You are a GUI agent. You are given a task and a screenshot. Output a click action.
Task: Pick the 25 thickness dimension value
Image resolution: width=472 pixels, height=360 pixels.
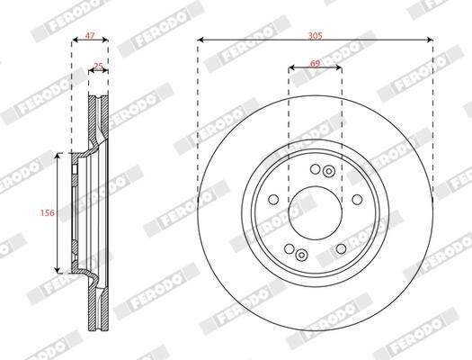[x=99, y=65]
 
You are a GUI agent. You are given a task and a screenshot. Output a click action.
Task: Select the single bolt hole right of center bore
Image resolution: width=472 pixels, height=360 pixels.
[x=356, y=200]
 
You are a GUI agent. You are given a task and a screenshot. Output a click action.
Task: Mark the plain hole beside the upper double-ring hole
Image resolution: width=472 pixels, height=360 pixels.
[x=313, y=169]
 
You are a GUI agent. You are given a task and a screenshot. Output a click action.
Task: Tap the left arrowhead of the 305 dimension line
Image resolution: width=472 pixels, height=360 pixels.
[x=200, y=40]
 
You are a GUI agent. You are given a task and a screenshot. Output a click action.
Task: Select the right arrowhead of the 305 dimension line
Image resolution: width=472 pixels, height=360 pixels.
[x=431, y=40]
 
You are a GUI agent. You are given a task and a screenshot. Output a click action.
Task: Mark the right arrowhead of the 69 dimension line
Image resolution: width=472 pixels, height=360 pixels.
[x=340, y=68]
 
